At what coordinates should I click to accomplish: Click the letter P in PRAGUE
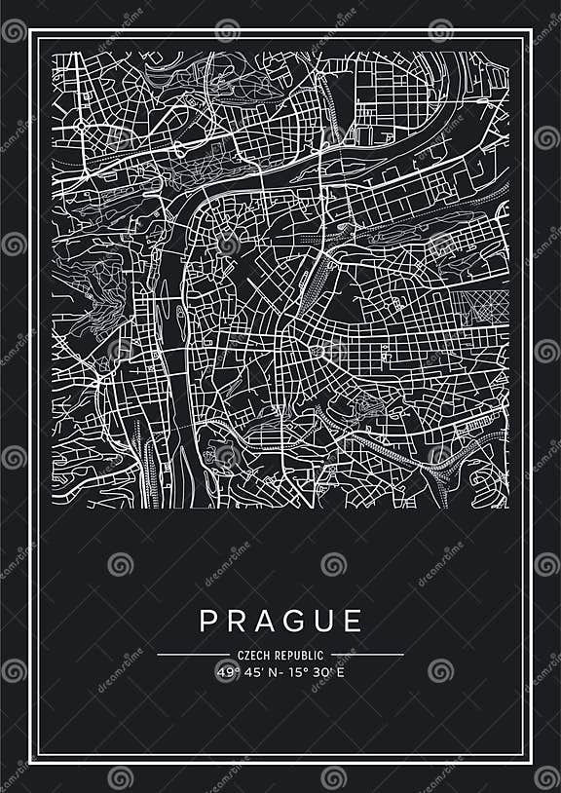pos(207,621)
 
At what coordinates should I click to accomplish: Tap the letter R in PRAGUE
pos(237,621)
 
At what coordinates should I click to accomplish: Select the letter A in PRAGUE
pos(267,621)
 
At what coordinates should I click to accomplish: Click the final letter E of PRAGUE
pos(354,621)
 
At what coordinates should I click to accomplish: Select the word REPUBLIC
pos(300,655)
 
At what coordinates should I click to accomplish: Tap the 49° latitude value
pos(227,671)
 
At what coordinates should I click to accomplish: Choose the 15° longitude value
pos(294,671)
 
